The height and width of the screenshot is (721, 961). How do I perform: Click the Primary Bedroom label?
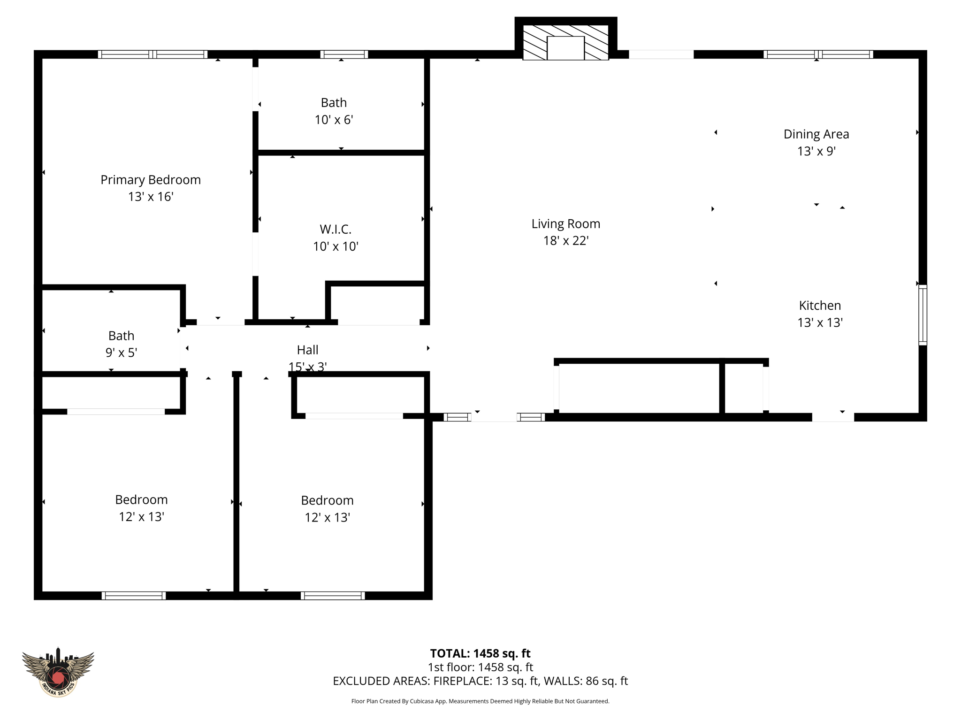[150, 180]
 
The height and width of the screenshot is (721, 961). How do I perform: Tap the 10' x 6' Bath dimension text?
[334, 120]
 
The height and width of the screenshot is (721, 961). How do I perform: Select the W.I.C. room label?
[336, 229]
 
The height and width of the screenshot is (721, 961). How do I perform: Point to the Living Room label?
[565, 224]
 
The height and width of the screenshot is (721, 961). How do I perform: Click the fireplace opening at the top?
[565, 48]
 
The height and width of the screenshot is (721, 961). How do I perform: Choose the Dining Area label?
[816, 134]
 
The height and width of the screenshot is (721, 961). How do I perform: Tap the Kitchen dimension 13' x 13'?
[820, 322]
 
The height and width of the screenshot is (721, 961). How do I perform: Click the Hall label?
[307, 350]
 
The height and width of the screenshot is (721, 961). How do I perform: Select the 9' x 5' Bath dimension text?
[121, 353]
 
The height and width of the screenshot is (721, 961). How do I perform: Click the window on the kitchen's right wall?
[922, 315]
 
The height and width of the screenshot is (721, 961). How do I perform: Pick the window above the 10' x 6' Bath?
[344, 54]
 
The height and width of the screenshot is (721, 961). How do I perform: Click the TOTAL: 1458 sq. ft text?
[480, 653]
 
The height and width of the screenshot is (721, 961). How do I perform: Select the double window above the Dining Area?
[818, 54]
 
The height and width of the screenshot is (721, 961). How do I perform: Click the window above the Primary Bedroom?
[153, 54]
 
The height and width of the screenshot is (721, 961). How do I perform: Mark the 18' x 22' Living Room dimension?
[565, 241]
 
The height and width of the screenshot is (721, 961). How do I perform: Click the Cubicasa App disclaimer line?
[480, 701]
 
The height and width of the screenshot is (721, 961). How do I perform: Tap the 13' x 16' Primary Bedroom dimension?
[151, 197]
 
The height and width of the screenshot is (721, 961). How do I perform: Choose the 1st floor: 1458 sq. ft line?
[480, 667]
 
